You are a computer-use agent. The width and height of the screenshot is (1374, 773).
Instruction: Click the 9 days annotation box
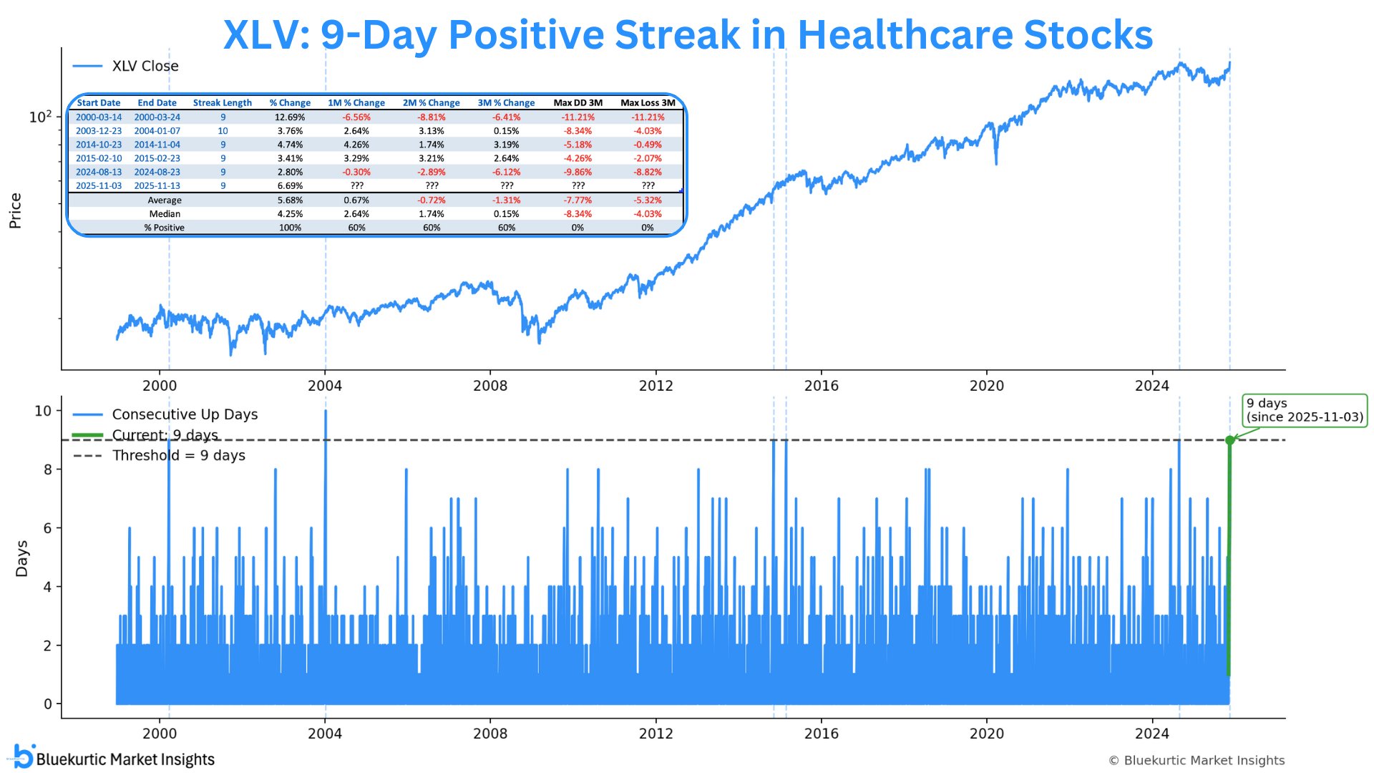tap(1305, 410)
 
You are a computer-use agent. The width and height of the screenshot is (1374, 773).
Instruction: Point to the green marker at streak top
tap(1229, 440)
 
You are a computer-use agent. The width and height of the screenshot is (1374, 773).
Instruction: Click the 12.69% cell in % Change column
tap(290, 117)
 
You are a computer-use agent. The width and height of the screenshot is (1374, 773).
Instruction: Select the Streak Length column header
tap(222, 103)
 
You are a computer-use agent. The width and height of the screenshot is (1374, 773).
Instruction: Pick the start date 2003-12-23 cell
tap(99, 131)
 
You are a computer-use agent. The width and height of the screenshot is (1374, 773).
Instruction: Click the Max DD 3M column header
tap(578, 103)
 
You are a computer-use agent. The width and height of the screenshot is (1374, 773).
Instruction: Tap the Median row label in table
tap(165, 214)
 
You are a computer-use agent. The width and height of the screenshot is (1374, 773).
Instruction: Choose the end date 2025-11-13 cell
tap(157, 186)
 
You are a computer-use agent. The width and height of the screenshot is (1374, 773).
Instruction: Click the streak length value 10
tap(223, 131)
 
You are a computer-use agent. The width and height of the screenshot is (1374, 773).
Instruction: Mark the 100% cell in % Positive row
tap(290, 228)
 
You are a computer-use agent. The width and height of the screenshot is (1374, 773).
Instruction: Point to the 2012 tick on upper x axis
tap(656, 386)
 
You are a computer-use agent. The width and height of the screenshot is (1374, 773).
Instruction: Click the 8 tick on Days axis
tap(48, 470)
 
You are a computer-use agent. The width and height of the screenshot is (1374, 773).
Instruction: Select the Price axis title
tap(15, 211)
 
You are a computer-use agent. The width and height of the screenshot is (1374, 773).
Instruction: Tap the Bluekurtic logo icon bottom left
tap(24, 757)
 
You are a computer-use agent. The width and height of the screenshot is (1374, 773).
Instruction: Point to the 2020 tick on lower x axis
tap(986, 734)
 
